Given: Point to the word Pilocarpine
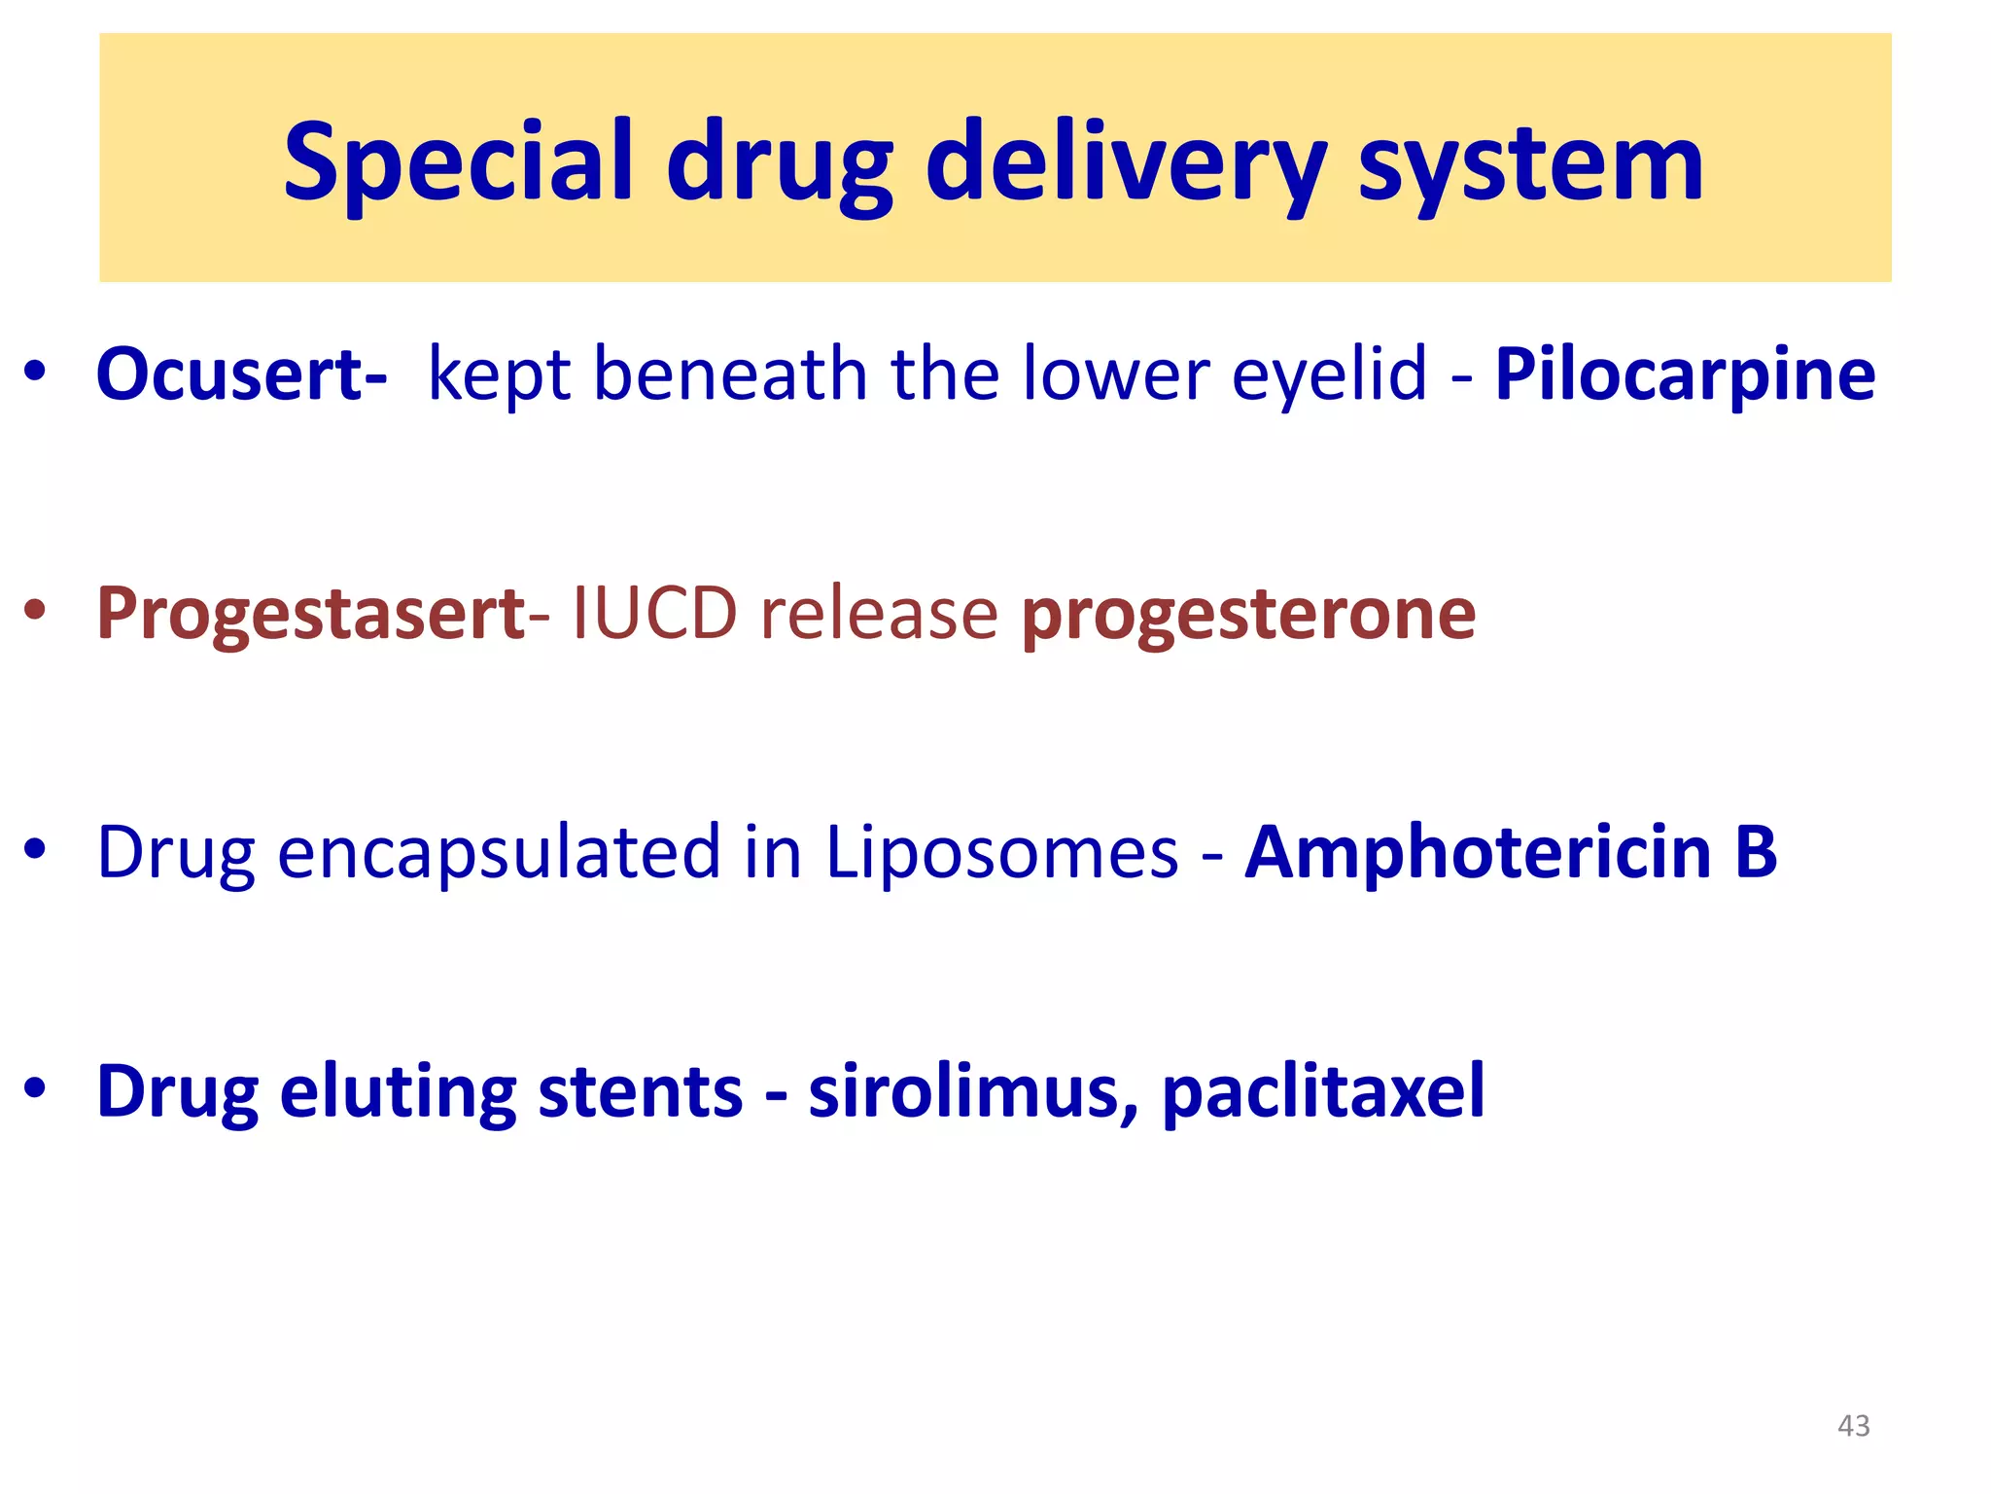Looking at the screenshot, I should pyautogui.click(x=1685, y=374).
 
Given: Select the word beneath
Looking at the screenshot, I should pyautogui.click(x=730, y=374).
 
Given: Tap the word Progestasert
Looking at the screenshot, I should pyautogui.click(x=310, y=614).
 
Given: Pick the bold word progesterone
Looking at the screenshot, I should pyautogui.click(x=1248, y=614).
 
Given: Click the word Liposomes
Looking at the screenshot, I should pyautogui.click(x=1001, y=852).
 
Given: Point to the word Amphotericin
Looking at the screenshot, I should pyautogui.click(x=1478, y=852).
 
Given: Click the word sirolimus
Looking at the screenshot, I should pyautogui.click(x=972, y=1090).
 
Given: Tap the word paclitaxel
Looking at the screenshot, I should pyautogui.click(x=1323, y=1090).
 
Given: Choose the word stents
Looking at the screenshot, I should pyautogui.click(x=640, y=1090).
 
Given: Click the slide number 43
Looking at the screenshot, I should pyautogui.click(x=1853, y=1425).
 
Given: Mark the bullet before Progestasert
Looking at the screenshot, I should pyautogui.click(x=36, y=612).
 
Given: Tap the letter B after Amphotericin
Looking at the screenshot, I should pyautogui.click(x=1756, y=852).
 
